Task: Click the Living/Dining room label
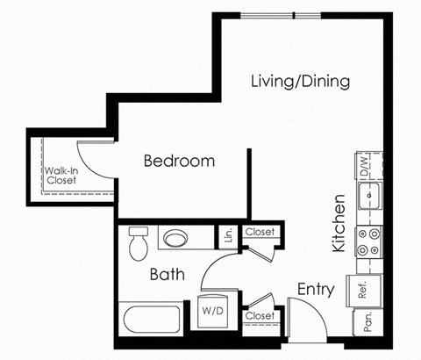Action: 300,82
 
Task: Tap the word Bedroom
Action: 179,162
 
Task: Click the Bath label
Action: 166,275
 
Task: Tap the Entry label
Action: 315,289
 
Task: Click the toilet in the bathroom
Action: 137,243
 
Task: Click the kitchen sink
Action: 370,192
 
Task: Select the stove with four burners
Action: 368,241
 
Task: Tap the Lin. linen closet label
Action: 228,235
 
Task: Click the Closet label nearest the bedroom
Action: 260,233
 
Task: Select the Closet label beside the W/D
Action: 260,315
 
